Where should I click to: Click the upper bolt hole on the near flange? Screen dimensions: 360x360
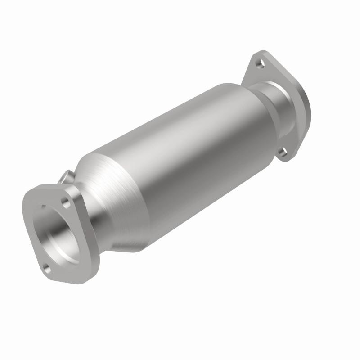point(67,199)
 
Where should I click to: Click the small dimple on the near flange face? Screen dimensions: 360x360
point(43,207)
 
